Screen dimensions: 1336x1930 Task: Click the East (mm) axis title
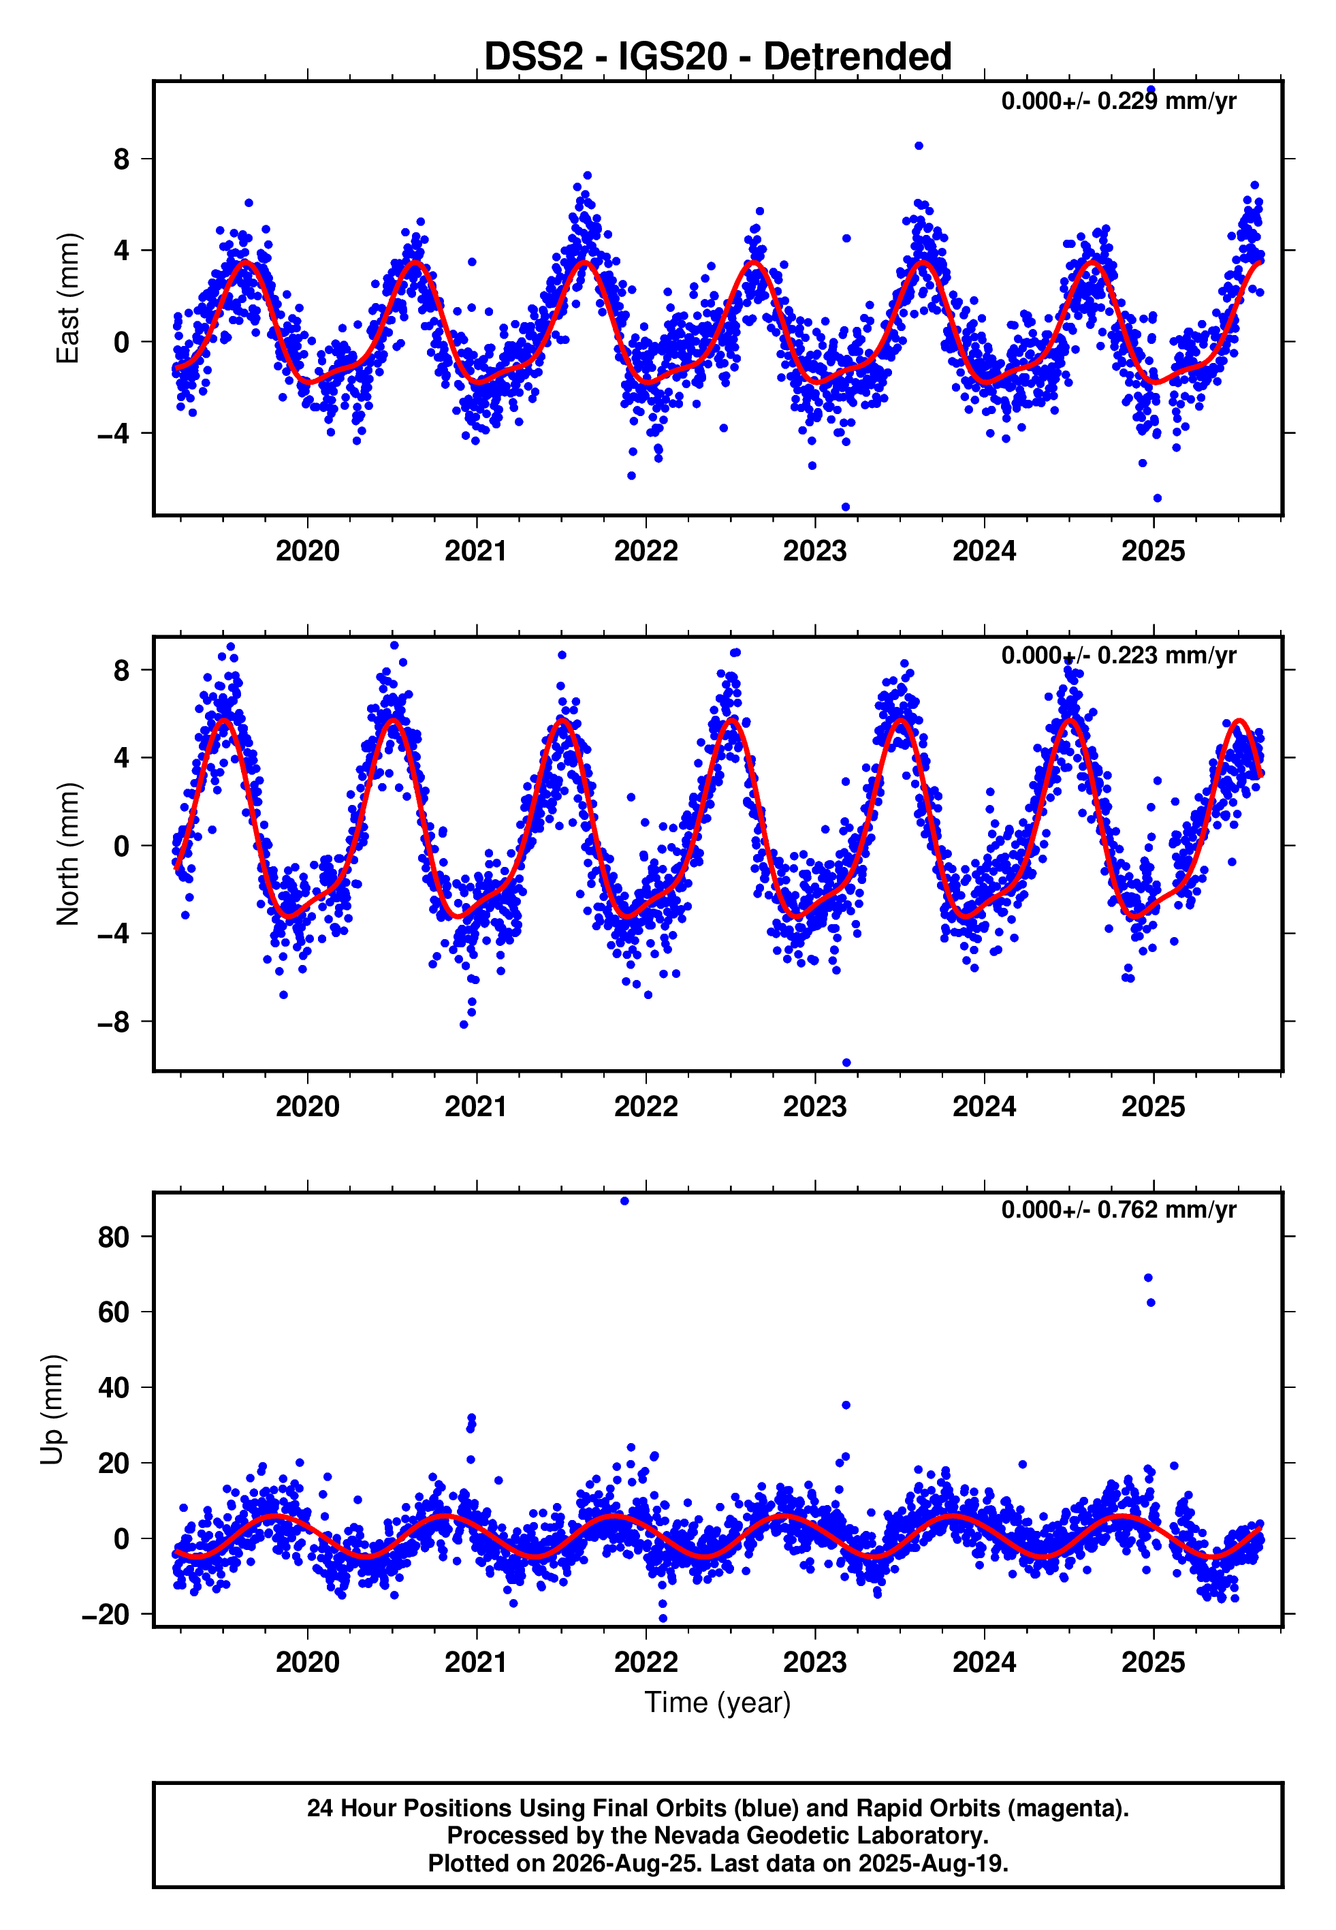tap(68, 298)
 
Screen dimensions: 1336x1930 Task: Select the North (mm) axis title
tap(68, 854)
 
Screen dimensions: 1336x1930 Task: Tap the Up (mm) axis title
tap(52, 1410)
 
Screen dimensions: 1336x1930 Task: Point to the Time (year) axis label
tap(718, 1703)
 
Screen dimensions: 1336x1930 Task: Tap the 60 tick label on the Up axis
tap(114, 1312)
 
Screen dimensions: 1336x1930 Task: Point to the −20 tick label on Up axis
tap(106, 1615)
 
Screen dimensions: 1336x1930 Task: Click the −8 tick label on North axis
tap(114, 1022)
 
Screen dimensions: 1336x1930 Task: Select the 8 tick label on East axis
tap(122, 159)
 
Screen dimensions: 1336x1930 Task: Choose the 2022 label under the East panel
tap(646, 552)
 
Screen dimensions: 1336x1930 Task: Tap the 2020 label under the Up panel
tap(307, 1662)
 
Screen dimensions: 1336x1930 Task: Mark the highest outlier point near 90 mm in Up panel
tap(624, 1201)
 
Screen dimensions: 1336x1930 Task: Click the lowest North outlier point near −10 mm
tap(846, 1063)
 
